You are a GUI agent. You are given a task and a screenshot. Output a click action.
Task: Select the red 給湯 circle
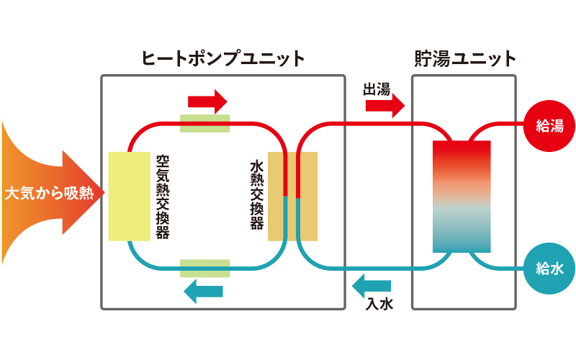550,126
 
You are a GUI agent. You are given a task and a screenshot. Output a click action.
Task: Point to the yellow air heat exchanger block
129,196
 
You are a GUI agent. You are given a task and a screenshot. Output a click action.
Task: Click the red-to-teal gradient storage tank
462,196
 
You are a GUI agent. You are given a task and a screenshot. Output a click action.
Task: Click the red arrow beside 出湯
384,107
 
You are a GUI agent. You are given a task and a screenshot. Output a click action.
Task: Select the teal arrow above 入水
373,287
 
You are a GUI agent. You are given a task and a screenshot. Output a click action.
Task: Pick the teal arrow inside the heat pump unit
203,291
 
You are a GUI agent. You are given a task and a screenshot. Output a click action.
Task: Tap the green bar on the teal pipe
205,269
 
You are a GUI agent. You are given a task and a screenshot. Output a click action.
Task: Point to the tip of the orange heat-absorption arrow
104,194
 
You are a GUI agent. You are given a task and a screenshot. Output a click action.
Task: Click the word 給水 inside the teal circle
550,269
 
